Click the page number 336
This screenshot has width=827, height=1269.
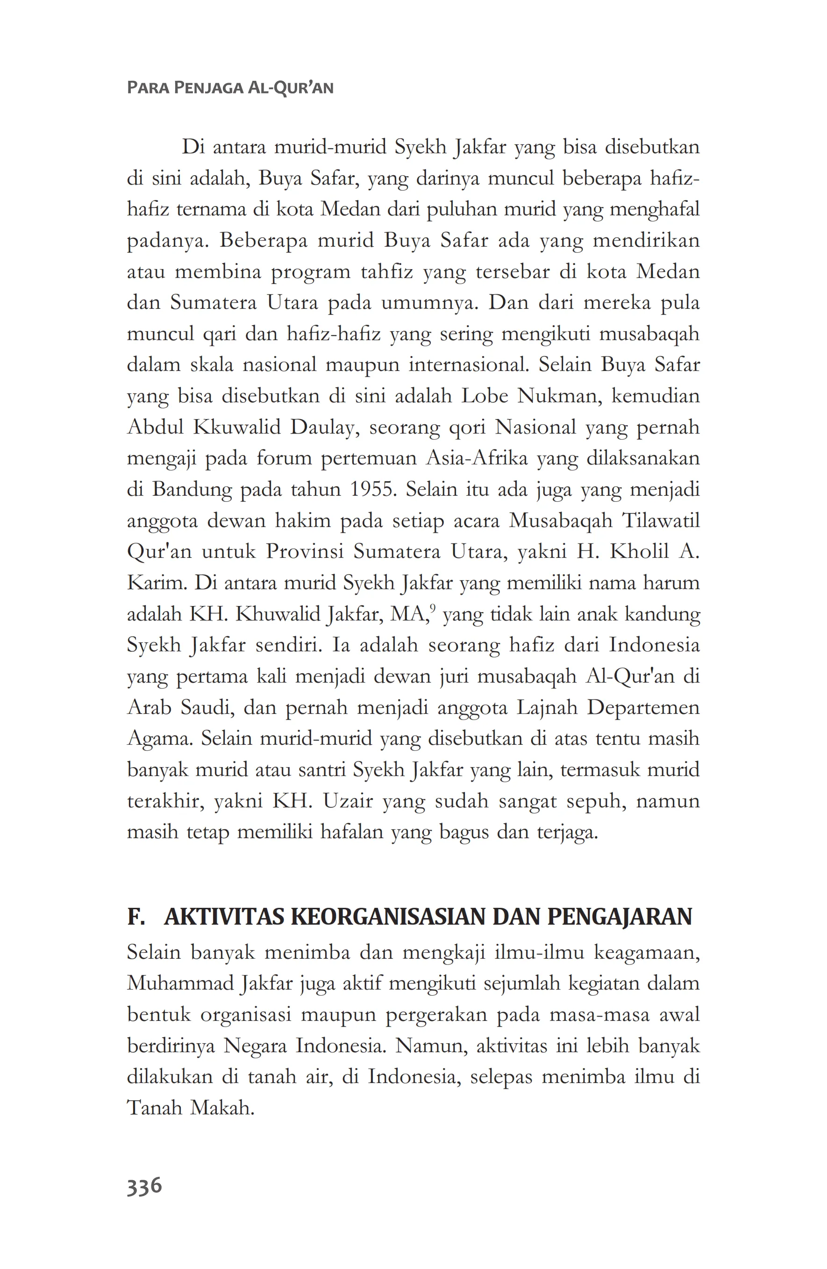(144, 1186)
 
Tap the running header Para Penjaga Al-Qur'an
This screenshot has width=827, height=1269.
(230, 87)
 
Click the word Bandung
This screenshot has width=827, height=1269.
(192, 490)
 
